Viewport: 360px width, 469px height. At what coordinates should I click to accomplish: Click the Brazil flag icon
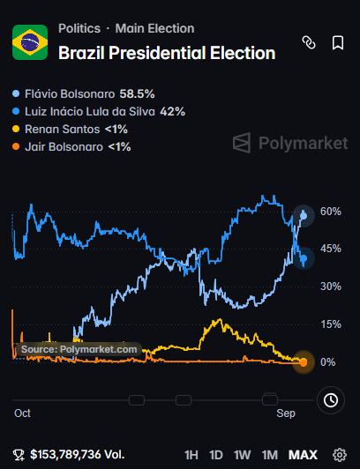(30, 42)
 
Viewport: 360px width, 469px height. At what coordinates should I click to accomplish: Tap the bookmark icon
(338, 43)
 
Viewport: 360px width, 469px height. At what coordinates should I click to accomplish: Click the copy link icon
(309, 42)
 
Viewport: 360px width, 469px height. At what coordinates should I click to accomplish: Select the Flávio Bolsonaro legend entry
(84, 94)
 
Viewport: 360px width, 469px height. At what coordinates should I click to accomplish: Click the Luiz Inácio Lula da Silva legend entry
(99, 112)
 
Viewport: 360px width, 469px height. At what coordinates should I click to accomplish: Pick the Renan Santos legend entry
(70, 130)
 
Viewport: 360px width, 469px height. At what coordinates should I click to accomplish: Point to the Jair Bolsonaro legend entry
(71, 147)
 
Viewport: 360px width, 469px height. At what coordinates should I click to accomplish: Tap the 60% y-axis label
(331, 212)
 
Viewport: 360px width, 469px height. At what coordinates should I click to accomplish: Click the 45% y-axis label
(331, 249)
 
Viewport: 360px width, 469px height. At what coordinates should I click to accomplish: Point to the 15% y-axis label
(331, 324)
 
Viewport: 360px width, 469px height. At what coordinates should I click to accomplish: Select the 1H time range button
(191, 455)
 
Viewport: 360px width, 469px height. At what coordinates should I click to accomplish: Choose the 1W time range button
(242, 455)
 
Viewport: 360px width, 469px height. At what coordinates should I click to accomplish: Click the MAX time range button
(303, 455)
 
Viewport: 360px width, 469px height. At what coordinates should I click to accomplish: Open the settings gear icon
(340, 455)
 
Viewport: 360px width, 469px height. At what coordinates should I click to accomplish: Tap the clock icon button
(331, 400)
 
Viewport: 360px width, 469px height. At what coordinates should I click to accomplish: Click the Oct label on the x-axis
(22, 413)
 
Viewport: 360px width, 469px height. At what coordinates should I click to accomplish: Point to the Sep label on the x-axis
(286, 413)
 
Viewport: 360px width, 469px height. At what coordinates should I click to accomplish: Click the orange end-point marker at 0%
(304, 362)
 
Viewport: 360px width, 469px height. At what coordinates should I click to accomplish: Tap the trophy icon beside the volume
(19, 455)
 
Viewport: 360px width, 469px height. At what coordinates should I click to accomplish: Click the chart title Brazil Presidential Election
(167, 53)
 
